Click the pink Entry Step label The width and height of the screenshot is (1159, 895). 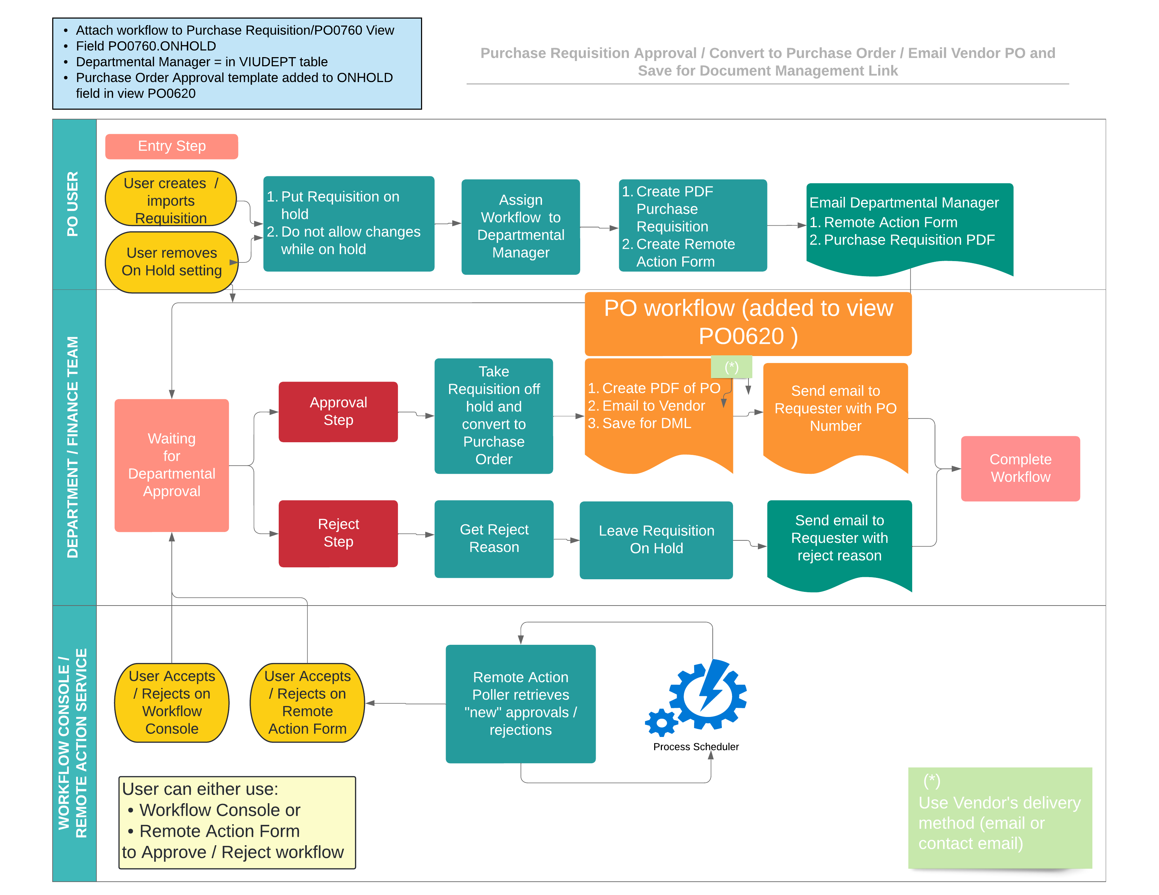(x=171, y=146)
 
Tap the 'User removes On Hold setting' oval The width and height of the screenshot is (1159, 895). (x=171, y=261)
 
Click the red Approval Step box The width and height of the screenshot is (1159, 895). (x=338, y=411)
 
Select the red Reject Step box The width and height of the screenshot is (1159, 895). (x=338, y=533)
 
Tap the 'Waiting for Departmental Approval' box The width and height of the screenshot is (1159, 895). (x=171, y=465)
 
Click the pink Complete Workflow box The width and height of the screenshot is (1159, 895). (x=1019, y=468)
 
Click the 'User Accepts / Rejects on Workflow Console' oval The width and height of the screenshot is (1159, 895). (x=171, y=702)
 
